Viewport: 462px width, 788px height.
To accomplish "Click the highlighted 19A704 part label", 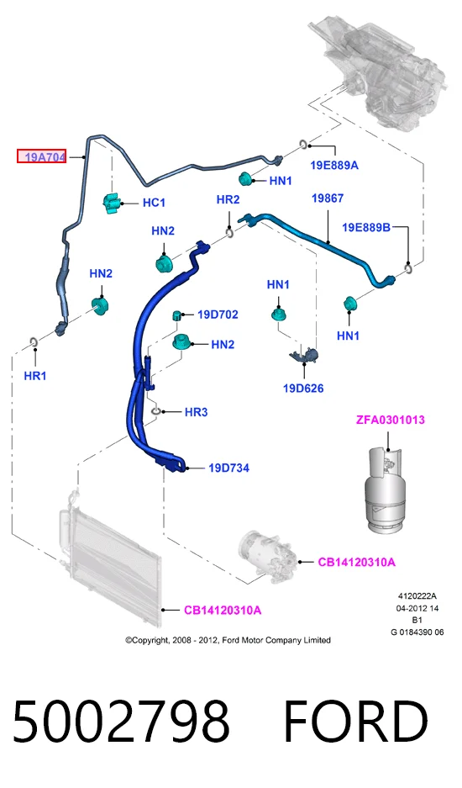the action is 42,156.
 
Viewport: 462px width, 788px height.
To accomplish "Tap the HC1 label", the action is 154,203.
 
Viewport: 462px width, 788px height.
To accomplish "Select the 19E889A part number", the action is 334,165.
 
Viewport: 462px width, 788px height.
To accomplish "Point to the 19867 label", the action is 328,198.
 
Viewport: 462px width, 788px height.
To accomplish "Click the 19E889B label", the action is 366,227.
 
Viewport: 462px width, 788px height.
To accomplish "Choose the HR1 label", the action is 35,375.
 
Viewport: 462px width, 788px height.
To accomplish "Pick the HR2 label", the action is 228,199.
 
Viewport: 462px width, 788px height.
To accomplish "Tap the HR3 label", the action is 196,412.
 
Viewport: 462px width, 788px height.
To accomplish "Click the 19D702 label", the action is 218,315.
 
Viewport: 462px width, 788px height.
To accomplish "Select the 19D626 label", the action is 303,388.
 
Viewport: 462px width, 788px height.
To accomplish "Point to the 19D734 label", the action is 229,468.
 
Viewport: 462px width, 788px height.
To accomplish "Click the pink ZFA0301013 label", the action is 391,420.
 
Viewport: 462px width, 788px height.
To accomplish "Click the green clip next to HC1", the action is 112,203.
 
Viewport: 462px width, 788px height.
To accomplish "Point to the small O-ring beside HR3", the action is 156,411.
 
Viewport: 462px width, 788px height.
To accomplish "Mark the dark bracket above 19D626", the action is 304,354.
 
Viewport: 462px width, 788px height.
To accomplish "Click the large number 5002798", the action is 122,722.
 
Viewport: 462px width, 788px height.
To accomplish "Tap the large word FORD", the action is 355,722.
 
